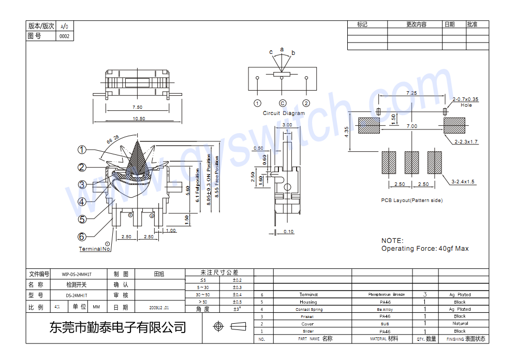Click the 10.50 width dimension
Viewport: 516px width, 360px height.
pyautogui.click(x=139, y=119)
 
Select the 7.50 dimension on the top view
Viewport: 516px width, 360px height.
pyautogui.click(x=137, y=107)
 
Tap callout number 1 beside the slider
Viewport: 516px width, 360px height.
pyautogui.click(x=82, y=150)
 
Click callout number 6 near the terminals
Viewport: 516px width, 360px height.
pyautogui.click(x=82, y=237)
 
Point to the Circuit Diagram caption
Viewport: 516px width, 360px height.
pyautogui.click(x=284, y=113)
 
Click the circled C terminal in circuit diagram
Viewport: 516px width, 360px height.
pyautogui.click(x=283, y=103)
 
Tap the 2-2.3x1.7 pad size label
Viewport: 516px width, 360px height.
pyautogui.click(x=466, y=141)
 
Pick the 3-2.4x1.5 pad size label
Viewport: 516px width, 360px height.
pyautogui.click(x=463, y=182)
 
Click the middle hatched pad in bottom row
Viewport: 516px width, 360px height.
pyautogui.click(x=411, y=162)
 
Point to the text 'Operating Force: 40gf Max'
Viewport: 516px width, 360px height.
pyautogui.click(x=425, y=249)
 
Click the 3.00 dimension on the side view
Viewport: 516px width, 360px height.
pyautogui.click(x=287, y=125)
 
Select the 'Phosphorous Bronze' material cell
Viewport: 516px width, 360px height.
pyautogui.click(x=387, y=294)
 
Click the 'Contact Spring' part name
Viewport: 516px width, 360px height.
pyautogui.click(x=309, y=309)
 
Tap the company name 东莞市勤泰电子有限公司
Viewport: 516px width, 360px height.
pyautogui.click(x=117, y=327)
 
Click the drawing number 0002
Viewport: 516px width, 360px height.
pyautogui.click(x=64, y=36)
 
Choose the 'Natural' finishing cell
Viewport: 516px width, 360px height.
pyautogui.click(x=460, y=324)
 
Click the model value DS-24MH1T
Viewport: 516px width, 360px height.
pyautogui.click(x=77, y=295)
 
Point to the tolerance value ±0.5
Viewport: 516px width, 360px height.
pyautogui.click(x=238, y=302)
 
